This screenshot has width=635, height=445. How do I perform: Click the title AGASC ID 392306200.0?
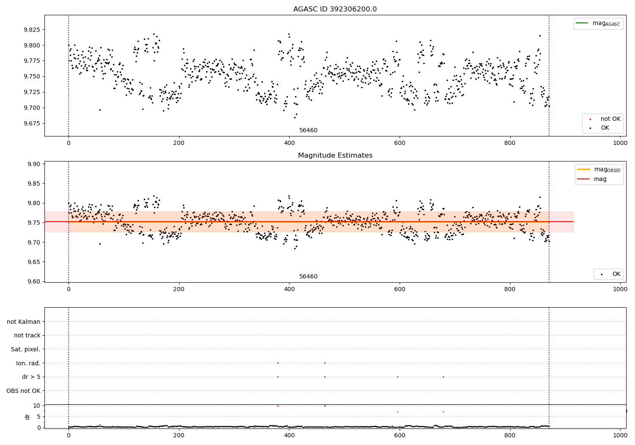pos(335,9)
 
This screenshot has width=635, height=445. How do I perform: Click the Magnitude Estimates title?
pos(335,156)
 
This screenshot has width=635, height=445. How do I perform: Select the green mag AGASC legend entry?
pos(598,24)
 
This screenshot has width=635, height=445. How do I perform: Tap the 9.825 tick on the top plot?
pos(31,30)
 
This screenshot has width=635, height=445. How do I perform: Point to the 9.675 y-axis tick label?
pos(31,123)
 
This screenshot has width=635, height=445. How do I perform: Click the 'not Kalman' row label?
pos(24,322)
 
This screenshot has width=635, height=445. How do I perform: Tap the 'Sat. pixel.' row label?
pos(25,349)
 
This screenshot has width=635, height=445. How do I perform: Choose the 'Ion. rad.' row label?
pos(28,363)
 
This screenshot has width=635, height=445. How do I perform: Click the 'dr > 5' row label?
pos(31,377)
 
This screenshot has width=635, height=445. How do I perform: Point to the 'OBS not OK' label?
pos(23,391)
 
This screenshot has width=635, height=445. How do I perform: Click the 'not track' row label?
pos(27,335)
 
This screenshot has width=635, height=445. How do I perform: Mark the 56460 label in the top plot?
pos(308,131)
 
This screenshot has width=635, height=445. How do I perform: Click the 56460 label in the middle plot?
pos(308,277)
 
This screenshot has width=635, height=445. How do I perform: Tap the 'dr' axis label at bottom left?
pos(28,417)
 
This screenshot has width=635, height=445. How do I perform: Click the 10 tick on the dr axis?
pos(36,406)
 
